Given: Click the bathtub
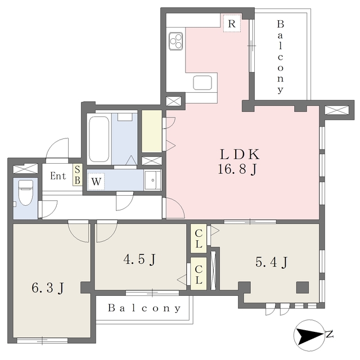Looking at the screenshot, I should pyautogui.click(x=100, y=139).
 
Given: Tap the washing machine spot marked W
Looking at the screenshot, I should pyautogui.click(x=96, y=182).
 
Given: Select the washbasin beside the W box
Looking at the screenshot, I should pyautogui.click(x=151, y=181).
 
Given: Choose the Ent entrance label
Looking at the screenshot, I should pyautogui.click(x=58, y=176).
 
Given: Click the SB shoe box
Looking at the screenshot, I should pyautogui.click(x=78, y=176).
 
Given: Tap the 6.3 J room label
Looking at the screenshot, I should pyautogui.click(x=47, y=289).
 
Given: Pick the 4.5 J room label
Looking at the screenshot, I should pyautogui.click(x=139, y=260).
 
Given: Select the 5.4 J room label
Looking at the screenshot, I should pyautogui.click(x=272, y=262).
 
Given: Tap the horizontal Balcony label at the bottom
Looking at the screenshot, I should pyautogui.click(x=145, y=308).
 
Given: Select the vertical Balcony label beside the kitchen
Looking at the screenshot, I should pyautogui.click(x=280, y=56).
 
